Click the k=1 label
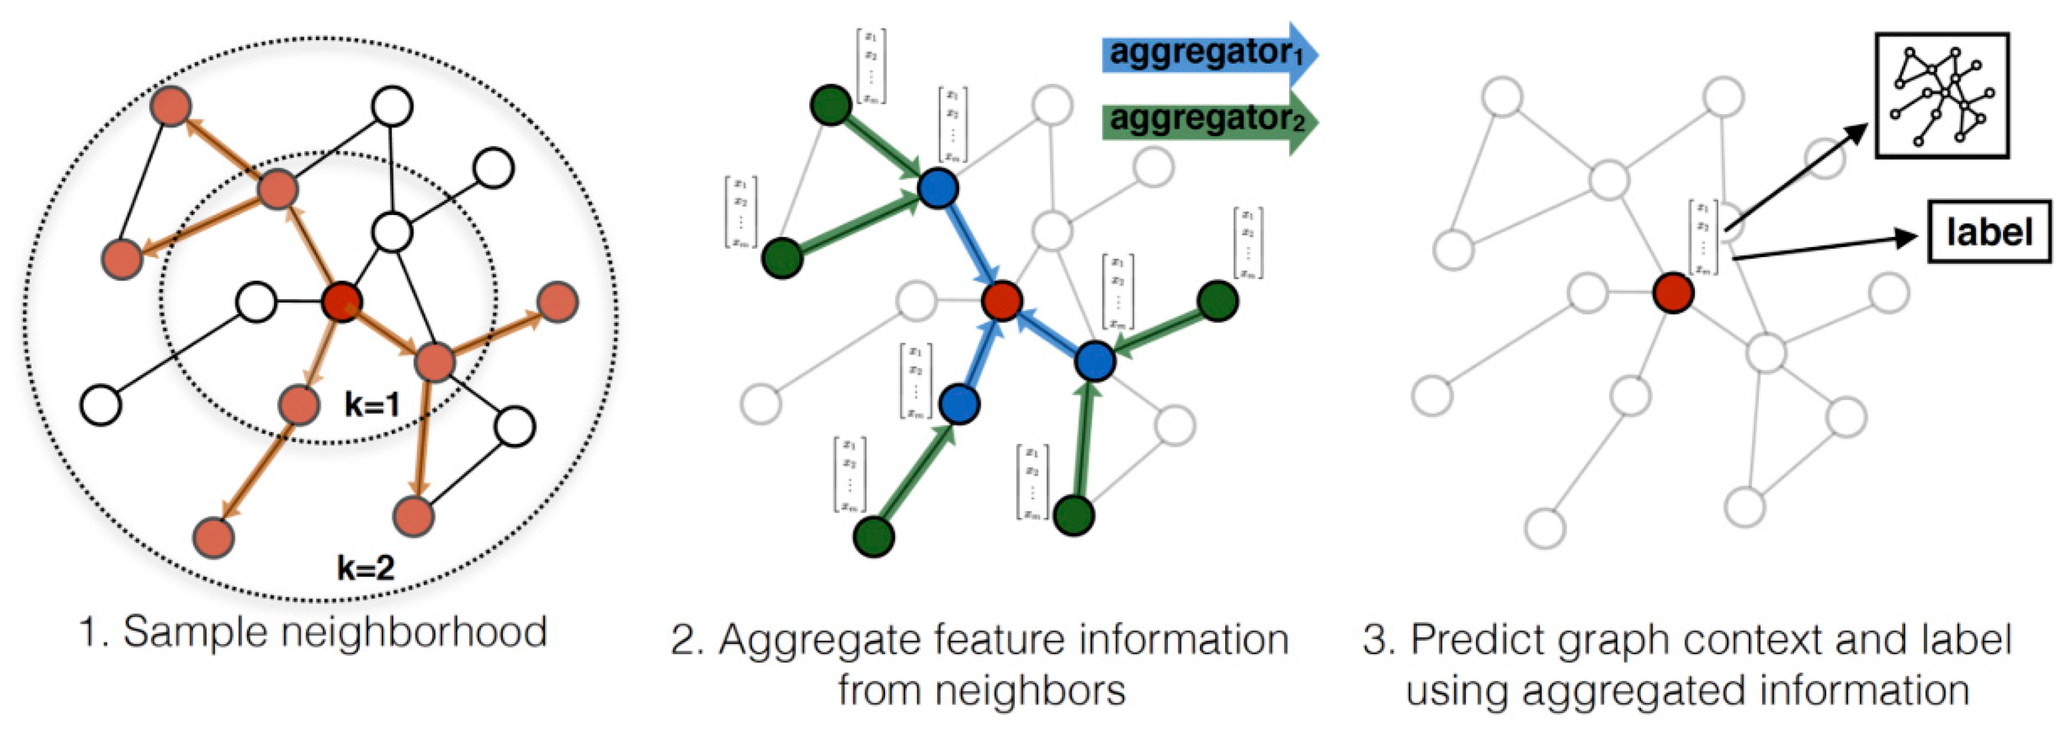pyautogui.click(x=372, y=404)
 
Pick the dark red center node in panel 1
pyautogui.click(x=342, y=302)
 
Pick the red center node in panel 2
pyautogui.click(x=1002, y=302)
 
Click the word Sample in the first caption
pyautogui.click(x=197, y=632)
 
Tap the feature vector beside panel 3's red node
pyautogui.click(x=1703, y=238)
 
